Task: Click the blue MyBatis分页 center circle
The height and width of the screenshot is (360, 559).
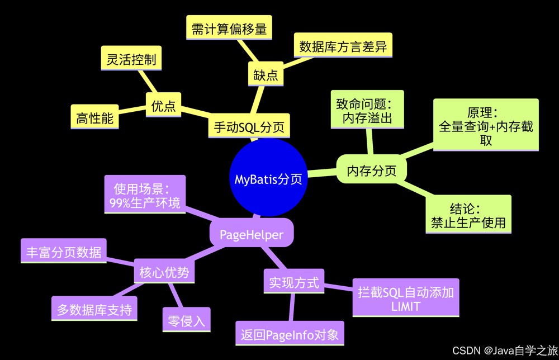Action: coord(268,178)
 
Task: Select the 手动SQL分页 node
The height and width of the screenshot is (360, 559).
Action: coord(249,126)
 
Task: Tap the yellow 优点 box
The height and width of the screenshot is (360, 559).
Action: coord(163,105)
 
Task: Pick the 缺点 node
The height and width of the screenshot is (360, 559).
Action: coord(266,74)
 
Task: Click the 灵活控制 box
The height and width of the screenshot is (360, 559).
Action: coord(131,58)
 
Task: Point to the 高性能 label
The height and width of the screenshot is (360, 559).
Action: coord(94,117)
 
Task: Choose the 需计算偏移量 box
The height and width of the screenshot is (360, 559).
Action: coord(229,27)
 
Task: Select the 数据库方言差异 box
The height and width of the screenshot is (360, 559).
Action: coord(343,45)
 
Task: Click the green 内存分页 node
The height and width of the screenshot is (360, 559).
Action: coord(372,169)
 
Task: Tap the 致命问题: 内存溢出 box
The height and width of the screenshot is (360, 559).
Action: coord(367,110)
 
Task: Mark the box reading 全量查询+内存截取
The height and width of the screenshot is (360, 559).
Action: coord(486,125)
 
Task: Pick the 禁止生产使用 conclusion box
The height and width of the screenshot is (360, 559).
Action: coord(468,214)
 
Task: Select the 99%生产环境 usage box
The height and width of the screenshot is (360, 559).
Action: coord(145,195)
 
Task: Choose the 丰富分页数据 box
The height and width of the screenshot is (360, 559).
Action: coord(64,251)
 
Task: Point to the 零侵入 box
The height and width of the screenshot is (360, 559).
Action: coord(187,320)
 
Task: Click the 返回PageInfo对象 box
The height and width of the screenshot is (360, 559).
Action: coord(290,333)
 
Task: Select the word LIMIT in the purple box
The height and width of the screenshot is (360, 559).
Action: coord(406,306)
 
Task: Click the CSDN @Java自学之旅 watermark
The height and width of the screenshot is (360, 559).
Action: coord(505,350)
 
